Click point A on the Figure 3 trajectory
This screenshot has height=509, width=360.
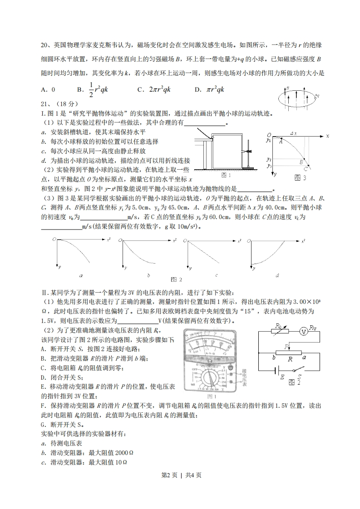tap(281, 142)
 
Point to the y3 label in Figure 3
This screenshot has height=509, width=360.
tap(269, 166)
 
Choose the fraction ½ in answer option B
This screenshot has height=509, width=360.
tap(91, 90)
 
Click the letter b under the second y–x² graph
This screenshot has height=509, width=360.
tap(148, 275)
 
